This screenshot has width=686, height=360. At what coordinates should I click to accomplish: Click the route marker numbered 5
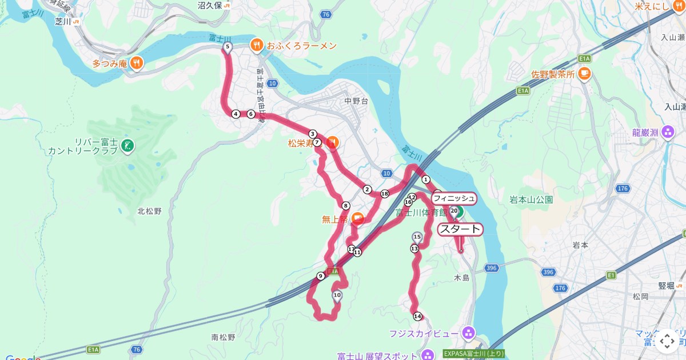[x=228, y=47]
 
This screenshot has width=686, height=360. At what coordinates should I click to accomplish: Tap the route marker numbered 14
[x=417, y=316]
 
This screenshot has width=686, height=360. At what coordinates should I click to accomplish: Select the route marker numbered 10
[x=337, y=295]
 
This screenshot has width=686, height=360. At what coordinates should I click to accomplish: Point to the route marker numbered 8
[x=346, y=206]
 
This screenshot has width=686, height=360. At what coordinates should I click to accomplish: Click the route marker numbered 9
[x=321, y=276]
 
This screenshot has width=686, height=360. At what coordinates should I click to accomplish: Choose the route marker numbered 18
[x=385, y=194]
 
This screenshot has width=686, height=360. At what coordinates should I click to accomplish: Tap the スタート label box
[x=460, y=229]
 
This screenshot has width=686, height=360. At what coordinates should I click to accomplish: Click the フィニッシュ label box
[x=453, y=198]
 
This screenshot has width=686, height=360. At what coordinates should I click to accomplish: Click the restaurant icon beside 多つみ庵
[x=136, y=63]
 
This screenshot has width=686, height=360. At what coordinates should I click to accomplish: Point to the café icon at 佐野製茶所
[x=584, y=74]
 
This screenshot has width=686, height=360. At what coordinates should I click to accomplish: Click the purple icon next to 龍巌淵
[x=668, y=133]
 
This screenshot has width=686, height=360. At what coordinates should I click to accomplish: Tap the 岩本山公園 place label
[x=531, y=200]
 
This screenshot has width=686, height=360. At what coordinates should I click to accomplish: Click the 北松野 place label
[x=149, y=211]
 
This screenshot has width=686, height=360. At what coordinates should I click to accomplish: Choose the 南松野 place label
[x=223, y=337]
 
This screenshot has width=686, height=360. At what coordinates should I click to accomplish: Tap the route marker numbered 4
[x=236, y=114]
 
